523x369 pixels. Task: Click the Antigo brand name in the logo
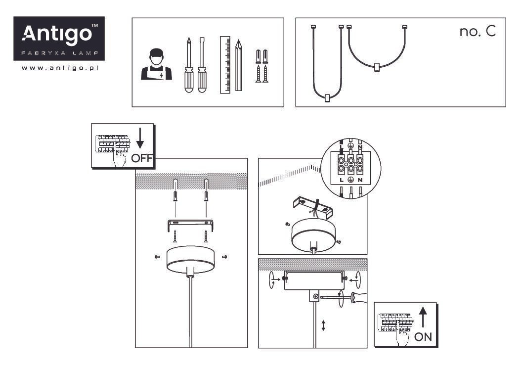(x=57, y=34)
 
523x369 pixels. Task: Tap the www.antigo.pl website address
(x=60, y=68)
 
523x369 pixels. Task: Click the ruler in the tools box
(x=225, y=65)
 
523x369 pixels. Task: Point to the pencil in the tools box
(x=238, y=65)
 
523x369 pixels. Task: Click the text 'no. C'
(x=478, y=31)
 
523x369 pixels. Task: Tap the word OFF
(x=142, y=158)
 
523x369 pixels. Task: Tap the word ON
(x=423, y=337)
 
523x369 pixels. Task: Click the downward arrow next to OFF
(x=140, y=138)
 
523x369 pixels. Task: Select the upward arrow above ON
(x=423, y=317)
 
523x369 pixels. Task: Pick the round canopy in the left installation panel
(x=190, y=260)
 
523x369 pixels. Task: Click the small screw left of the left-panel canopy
(x=157, y=257)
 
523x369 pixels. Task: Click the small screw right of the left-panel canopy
(x=224, y=257)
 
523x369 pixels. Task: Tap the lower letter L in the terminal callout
(x=341, y=180)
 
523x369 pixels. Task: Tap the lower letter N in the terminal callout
(x=360, y=180)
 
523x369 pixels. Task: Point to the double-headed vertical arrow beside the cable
(x=323, y=325)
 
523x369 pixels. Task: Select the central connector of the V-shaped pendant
(x=327, y=98)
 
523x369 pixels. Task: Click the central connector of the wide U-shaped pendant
(x=377, y=67)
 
